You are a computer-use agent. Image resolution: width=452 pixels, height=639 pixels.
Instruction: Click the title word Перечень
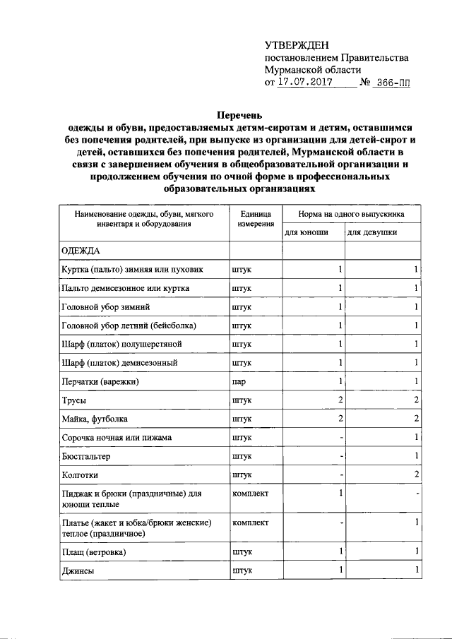239,114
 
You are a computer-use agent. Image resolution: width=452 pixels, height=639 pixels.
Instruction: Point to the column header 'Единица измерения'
255,217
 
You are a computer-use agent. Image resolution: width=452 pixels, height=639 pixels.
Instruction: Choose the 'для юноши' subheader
306,232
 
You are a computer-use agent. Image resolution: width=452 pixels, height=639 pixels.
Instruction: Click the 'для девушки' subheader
371,232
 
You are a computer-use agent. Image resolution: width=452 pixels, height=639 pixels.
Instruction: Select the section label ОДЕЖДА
81,251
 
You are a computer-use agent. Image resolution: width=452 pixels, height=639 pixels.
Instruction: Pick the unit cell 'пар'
239,382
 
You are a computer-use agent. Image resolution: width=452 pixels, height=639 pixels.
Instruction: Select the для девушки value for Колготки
417,474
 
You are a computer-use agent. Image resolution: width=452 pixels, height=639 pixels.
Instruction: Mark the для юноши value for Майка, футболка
340,419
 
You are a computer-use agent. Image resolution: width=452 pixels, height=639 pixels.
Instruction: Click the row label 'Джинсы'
78,570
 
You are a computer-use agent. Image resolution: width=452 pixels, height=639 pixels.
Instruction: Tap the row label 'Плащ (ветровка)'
94,551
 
